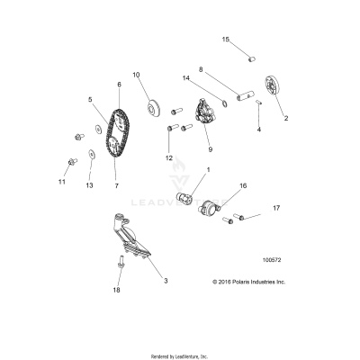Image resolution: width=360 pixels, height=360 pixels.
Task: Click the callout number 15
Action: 226,40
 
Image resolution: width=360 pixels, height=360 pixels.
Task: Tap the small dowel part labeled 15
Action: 252,58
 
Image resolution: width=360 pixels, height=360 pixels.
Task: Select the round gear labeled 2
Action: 273,87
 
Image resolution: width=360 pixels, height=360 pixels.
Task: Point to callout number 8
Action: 201,69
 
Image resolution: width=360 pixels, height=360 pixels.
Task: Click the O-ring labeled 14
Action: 224,103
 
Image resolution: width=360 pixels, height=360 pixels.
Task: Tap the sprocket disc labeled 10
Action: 153,110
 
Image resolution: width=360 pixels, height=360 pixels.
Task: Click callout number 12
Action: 169,157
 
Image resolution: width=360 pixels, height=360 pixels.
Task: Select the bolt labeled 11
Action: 72,162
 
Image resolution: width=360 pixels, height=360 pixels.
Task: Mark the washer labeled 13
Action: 90,154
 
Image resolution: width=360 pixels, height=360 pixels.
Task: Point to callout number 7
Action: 116,185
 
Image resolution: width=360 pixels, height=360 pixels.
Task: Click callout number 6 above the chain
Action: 119,85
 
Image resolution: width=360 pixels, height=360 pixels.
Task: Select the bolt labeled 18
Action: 121,261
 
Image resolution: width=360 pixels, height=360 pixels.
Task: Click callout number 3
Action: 166,281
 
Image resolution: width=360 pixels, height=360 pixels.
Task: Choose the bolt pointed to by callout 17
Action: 238,216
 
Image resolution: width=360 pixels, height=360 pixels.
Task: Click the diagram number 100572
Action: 272,260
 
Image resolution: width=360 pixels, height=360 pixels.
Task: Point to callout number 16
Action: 243,186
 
